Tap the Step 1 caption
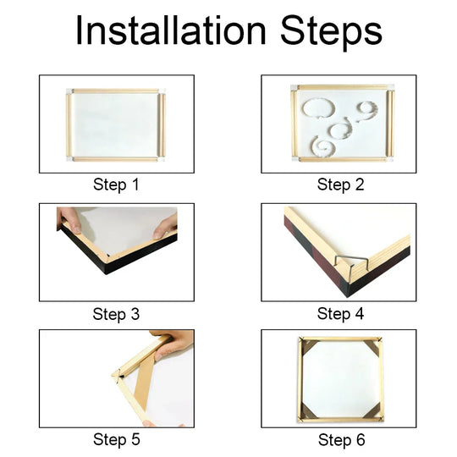[115, 184]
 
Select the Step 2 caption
[340, 184]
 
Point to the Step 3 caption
[115, 314]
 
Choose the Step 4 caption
[340, 314]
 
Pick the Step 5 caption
[115, 439]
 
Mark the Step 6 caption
[340, 439]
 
